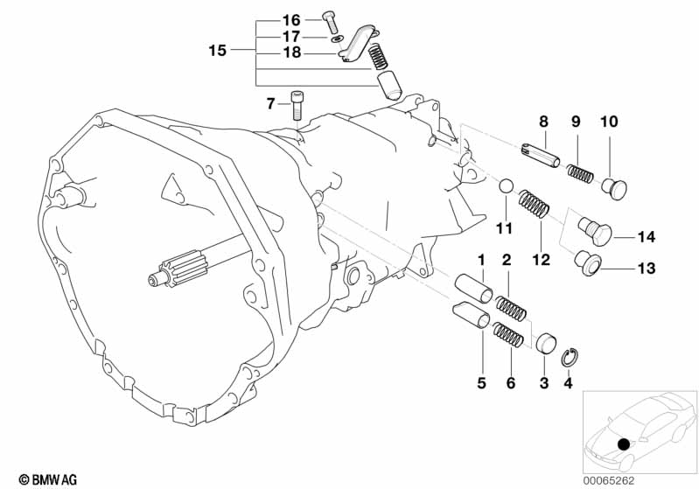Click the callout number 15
[x=218, y=51]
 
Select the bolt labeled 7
[x=297, y=105]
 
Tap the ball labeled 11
[x=506, y=186]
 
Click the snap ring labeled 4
[x=570, y=358]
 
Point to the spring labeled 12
[x=533, y=204]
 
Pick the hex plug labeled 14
[x=595, y=229]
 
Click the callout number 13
[x=646, y=269]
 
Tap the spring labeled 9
[x=580, y=173]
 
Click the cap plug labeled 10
[x=614, y=189]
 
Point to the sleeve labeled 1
[x=473, y=289]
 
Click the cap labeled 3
[x=546, y=343]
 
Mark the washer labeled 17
[x=337, y=39]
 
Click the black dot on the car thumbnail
[x=624, y=444]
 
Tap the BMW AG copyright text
[x=48, y=479]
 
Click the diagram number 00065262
[x=609, y=480]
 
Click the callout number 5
[x=481, y=383]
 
